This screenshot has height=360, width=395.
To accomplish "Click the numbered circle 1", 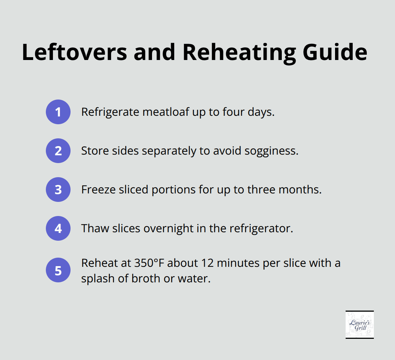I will tap(58, 112).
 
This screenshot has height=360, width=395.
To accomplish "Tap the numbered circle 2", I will tap(58, 151).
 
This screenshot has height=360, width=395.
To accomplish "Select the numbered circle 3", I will tap(58, 190).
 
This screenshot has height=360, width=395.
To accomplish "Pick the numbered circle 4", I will tap(58, 228).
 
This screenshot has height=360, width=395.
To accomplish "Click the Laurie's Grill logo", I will tap(359, 325).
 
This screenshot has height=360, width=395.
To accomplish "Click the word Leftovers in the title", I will tap(74, 52).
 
